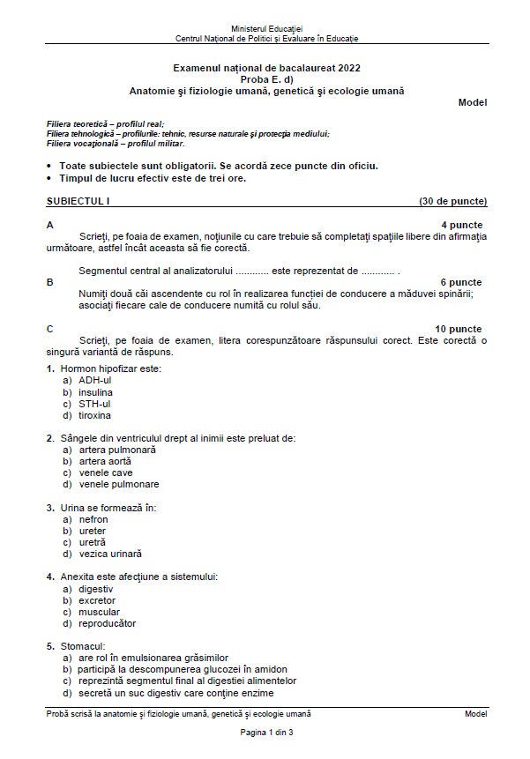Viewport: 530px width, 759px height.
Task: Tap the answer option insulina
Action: click(95, 392)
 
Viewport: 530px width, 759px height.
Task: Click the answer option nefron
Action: click(93, 519)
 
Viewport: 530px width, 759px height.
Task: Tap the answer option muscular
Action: click(99, 612)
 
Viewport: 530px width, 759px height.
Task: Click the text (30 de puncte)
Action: click(452, 201)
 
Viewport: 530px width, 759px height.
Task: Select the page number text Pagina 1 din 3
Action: click(266, 733)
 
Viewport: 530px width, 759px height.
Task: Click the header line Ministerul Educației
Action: click(266, 29)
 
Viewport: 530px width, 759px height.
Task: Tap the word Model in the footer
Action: click(475, 713)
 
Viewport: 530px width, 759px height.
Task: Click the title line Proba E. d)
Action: click(266, 78)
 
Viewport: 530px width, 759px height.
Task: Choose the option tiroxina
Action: click(94, 415)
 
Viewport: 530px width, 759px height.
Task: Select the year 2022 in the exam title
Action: click(347, 67)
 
